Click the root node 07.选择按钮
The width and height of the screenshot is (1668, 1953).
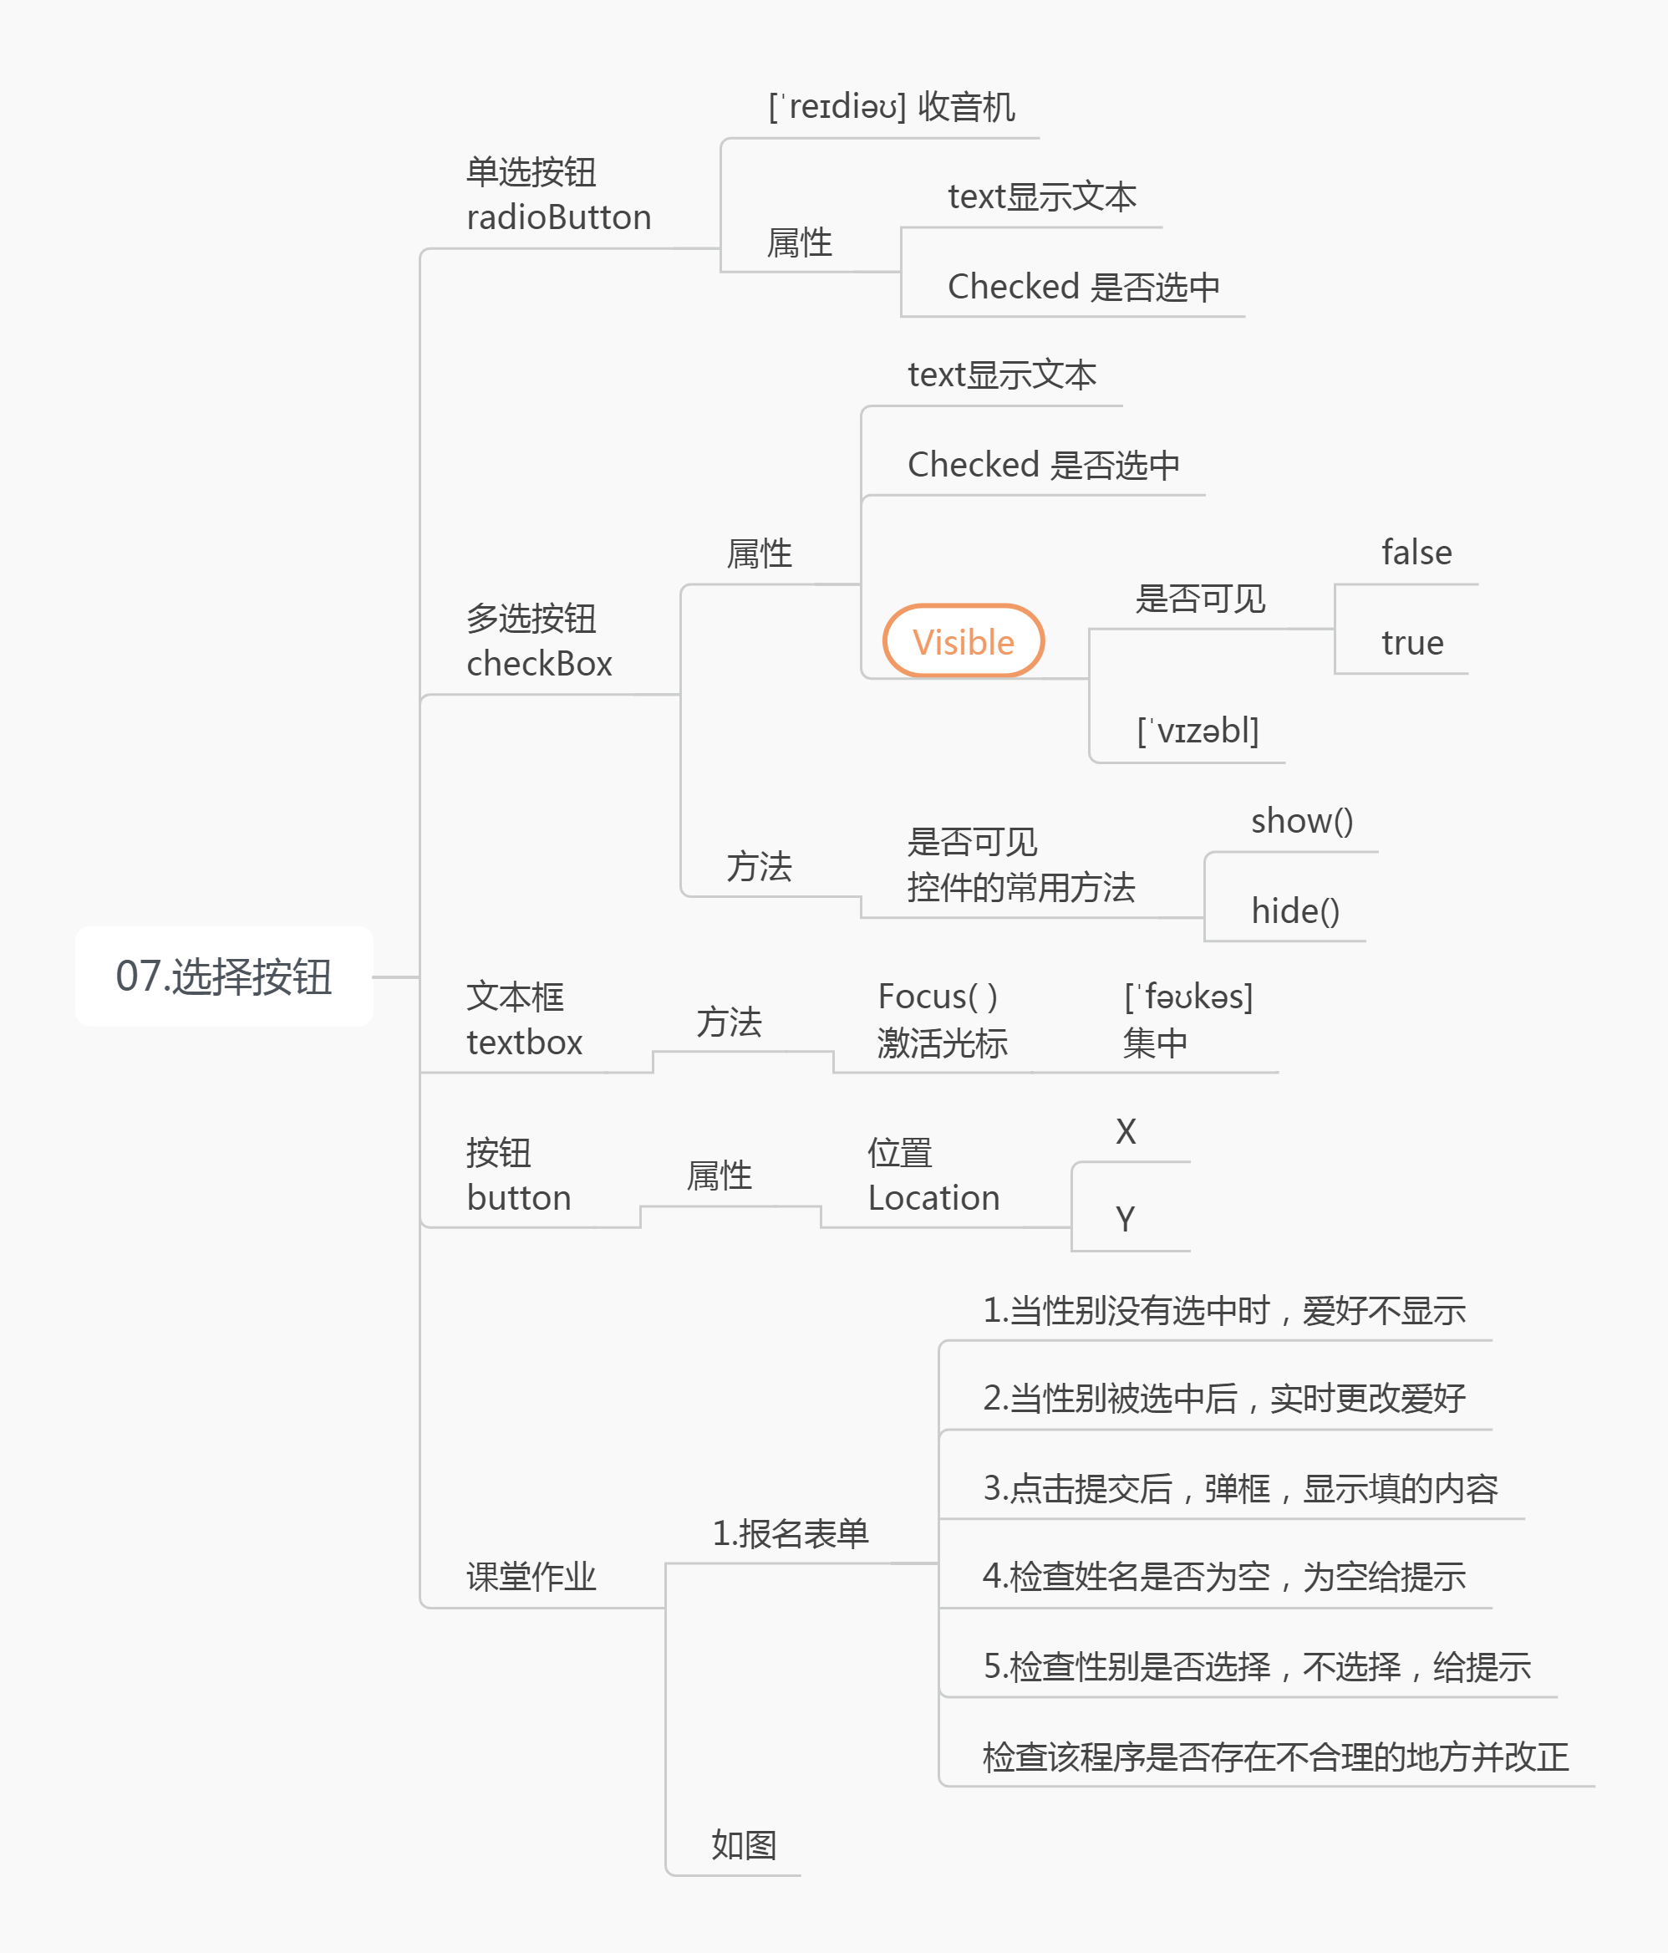tap(223, 976)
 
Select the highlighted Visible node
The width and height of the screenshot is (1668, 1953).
tap(963, 642)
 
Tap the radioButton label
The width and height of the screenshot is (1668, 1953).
tap(559, 217)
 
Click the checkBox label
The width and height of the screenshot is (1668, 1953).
tap(539, 664)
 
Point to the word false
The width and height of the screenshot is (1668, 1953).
tap(1416, 553)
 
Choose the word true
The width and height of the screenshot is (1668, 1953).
tap(1411, 643)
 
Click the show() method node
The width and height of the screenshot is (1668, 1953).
tap(1301, 821)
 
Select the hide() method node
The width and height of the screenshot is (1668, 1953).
tap(1294, 910)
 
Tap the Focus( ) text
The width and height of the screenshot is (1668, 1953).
tap(938, 997)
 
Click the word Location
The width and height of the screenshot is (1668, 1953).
tap(933, 1198)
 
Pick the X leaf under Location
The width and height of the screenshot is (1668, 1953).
tap(1125, 1131)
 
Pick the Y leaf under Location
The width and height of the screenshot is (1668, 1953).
tap(1125, 1220)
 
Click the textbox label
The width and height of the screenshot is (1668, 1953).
tap(524, 1043)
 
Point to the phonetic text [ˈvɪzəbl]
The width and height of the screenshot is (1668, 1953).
tap(1198, 731)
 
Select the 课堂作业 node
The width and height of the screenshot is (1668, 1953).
tap(531, 1576)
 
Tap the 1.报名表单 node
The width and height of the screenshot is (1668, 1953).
tap(790, 1533)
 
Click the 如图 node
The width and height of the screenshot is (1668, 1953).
tap(744, 1844)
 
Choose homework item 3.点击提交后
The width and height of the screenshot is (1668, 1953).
tap(1239, 1488)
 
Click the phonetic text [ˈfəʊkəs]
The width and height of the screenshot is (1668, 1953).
tap(1188, 997)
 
